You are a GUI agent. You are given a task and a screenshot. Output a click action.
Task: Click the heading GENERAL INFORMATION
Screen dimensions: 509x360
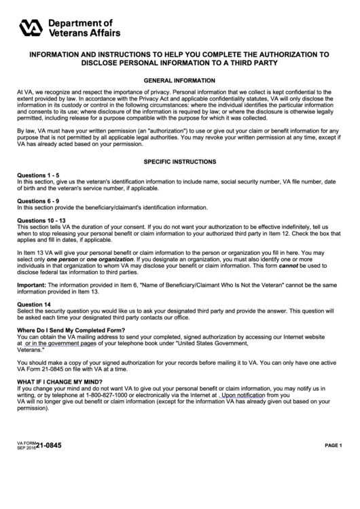(x=179, y=80)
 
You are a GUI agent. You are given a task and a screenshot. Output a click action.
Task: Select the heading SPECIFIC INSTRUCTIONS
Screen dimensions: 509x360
(x=179, y=162)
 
